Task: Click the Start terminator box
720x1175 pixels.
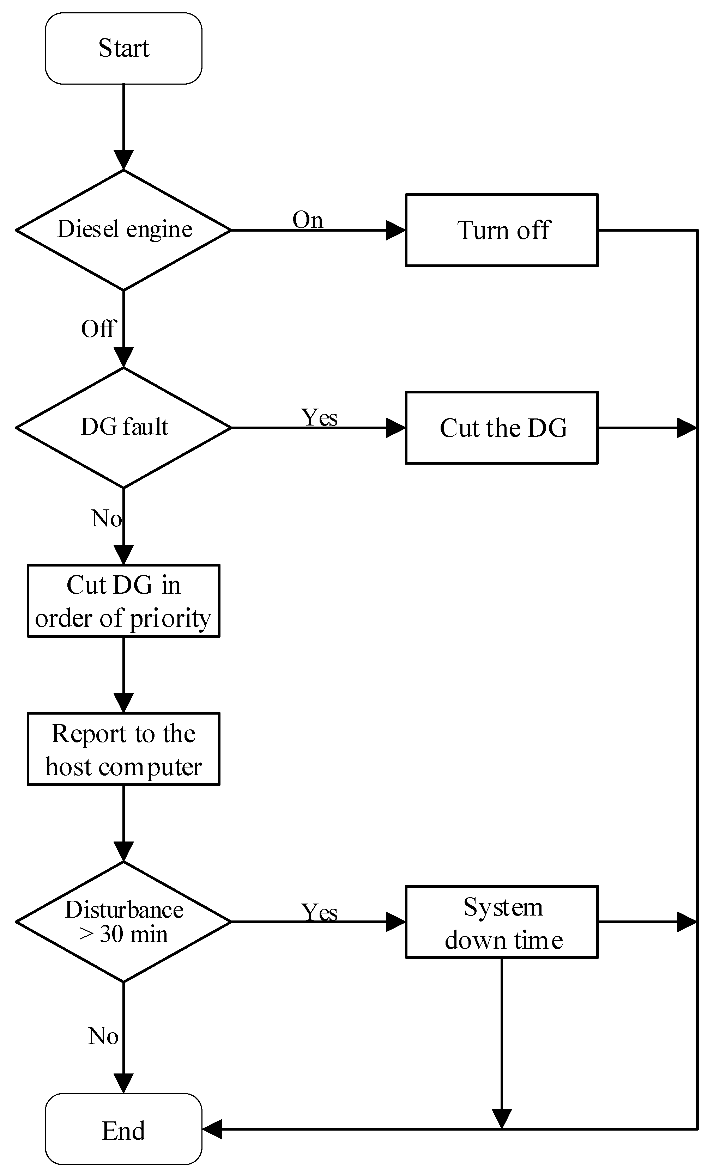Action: [x=123, y=49]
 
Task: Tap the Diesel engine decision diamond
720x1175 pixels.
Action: [x=123, y=230]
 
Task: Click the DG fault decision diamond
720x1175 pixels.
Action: [x=123, y=428]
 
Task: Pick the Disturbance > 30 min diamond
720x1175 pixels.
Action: [x=123, y=922]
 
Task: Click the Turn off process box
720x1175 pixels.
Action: [x=502, y=230]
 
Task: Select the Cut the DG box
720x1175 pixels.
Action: [x=502, y=428]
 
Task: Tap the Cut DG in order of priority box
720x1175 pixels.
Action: [x=123, y=601]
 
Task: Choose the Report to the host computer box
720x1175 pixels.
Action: [x=123, y=749]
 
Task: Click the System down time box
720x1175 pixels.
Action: [x=502, y=922]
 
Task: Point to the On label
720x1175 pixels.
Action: [x=307, y=220]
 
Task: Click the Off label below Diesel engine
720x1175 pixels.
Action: [x=98, y=329]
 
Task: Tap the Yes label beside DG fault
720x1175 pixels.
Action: [x=319, y=417]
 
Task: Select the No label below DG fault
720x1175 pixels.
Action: [x=106, y=518]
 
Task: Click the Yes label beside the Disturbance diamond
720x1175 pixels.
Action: [x=319, y=912]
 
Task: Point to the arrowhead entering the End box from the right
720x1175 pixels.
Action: [x=212, y=1129]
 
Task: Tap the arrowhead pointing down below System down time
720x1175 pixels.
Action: [x=502, y=1118]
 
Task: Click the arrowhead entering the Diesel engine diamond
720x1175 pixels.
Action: [x=123, y=160]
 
